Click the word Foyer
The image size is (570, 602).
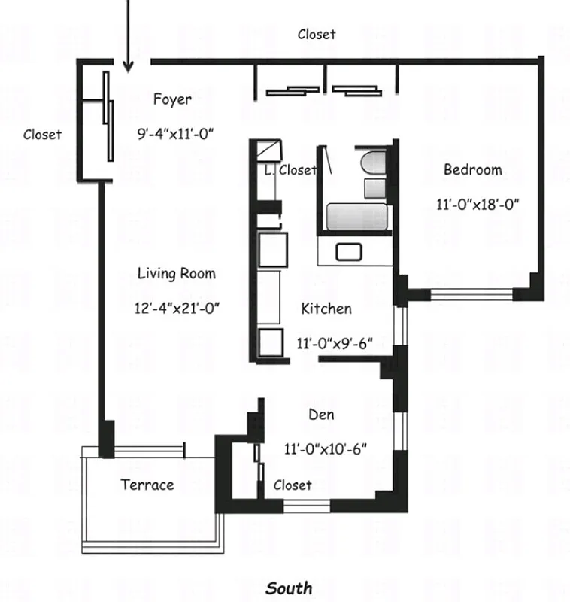172,99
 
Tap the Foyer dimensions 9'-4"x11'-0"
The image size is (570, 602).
176,134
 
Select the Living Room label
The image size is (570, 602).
176,273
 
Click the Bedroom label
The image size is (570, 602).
472,169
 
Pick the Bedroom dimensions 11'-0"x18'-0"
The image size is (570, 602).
478,203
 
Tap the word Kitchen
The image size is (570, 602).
326,309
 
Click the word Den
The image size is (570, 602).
321,415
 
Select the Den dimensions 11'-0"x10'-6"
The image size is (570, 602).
325,449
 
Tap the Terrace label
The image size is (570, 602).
147,485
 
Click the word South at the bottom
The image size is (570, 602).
289,588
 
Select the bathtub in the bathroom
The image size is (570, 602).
356,217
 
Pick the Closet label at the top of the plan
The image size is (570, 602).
316,34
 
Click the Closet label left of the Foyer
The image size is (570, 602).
42,135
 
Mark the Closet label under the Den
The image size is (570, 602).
292,485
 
